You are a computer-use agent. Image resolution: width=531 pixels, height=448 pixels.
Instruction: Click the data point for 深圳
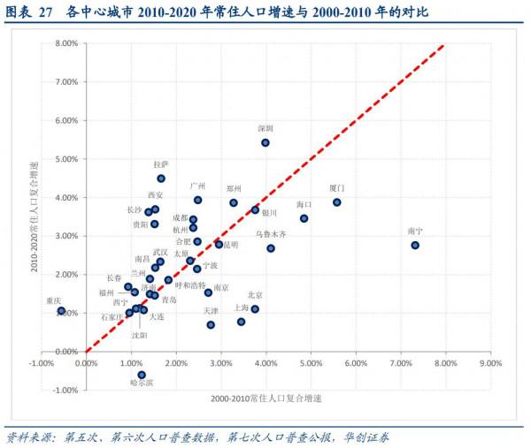265,142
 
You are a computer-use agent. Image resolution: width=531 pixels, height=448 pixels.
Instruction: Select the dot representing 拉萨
161,178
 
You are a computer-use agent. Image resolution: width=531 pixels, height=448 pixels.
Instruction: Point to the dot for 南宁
415,245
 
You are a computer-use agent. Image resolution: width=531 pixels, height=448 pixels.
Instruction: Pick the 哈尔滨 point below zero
142,375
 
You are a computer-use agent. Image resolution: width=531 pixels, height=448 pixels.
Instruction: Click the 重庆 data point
61,311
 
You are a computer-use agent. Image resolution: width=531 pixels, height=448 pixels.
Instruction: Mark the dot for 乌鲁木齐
271,248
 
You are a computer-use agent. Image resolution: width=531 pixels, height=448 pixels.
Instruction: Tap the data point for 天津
211,324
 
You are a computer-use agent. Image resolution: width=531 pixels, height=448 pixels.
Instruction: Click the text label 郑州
235,189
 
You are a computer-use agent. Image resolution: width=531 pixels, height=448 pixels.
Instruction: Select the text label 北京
255,294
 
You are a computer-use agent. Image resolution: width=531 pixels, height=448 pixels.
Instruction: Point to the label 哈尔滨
142,383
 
